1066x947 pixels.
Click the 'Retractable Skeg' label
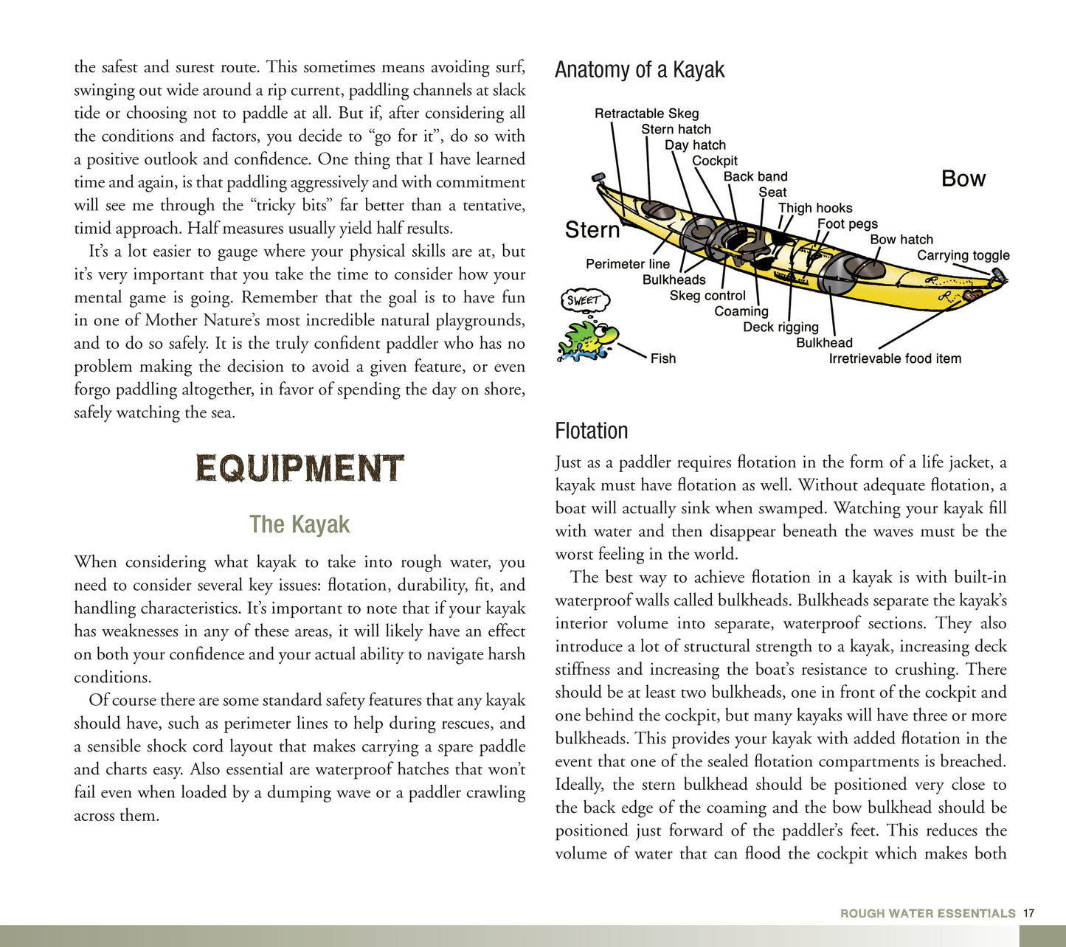(646, 114)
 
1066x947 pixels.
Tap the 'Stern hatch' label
(676, 129)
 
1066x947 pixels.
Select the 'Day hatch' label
(695, 145)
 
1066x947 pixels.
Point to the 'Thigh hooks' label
(815, 208)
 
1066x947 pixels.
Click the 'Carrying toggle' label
(963, 255)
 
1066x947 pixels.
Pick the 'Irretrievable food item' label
(895, 358)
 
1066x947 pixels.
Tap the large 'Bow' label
(963, 178)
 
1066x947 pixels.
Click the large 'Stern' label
(592, 230)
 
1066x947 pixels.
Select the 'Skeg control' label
(707, 296)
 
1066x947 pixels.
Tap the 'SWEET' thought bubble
(584, 300)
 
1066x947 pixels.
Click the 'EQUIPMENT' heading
(300, 469)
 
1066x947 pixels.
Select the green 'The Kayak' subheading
(300, 524)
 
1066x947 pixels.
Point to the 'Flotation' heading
(592, 431)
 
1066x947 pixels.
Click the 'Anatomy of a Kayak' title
(640, 70)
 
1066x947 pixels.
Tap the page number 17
(1028, 913)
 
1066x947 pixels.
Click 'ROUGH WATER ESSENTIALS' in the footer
(927, 913)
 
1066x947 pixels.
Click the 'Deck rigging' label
(781, 327)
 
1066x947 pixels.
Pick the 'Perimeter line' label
(628, 264)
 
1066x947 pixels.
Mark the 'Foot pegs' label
(848, 223)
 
